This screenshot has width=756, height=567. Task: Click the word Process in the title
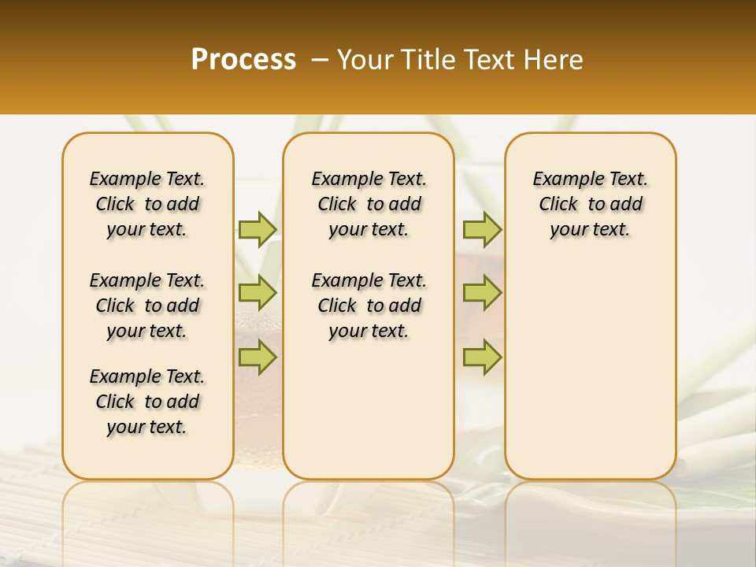[243, 60]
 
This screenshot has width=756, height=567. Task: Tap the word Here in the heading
[554, 60]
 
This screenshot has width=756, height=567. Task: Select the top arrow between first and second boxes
[258, 229]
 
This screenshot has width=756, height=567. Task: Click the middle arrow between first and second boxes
[258, 293]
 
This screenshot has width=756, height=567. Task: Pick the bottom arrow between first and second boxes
[258, 357]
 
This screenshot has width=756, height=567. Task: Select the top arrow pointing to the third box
[482, 229]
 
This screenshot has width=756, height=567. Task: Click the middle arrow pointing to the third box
[482, 293]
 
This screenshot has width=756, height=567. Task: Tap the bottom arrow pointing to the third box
[482, 357]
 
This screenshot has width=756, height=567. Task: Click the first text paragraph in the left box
[147, 204]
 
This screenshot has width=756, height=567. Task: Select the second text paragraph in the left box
[147, 306]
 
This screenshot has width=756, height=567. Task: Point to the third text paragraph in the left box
[147, 402]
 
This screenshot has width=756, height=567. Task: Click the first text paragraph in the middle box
[369, 204]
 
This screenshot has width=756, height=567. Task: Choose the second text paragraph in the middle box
[369, 306]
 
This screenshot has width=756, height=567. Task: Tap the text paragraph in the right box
[590, 204]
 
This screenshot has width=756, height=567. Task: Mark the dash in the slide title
[320, 60]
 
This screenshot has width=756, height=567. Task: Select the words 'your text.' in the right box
[590, 230]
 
